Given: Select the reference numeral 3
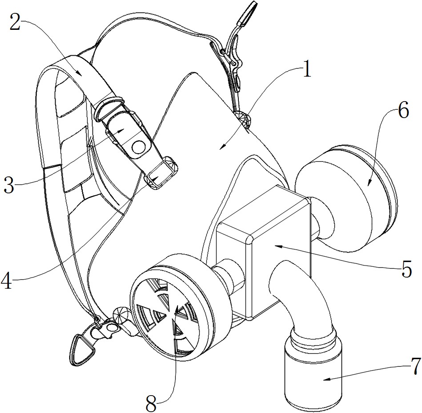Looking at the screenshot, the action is (9, 184).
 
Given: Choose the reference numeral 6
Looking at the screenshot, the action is (403, 110).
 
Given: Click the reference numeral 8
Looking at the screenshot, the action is (151, 402).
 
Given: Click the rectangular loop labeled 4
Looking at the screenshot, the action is (161, 172).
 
